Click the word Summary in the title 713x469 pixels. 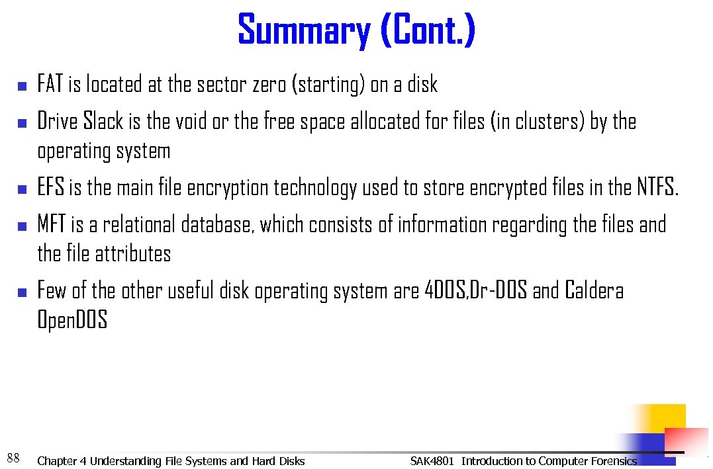tap(305, 31)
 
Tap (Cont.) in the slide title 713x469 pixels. tap(428, 31)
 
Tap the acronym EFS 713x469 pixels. tap(51, 188)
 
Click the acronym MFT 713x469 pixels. tap(52, 225)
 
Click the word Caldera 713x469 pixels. tap(594, 291)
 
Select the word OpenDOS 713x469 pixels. tap(72, 321)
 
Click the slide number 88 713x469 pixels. tap(13, 457)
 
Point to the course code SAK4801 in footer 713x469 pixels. tap(432, 461)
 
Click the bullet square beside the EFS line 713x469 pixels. tap(21, 190)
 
